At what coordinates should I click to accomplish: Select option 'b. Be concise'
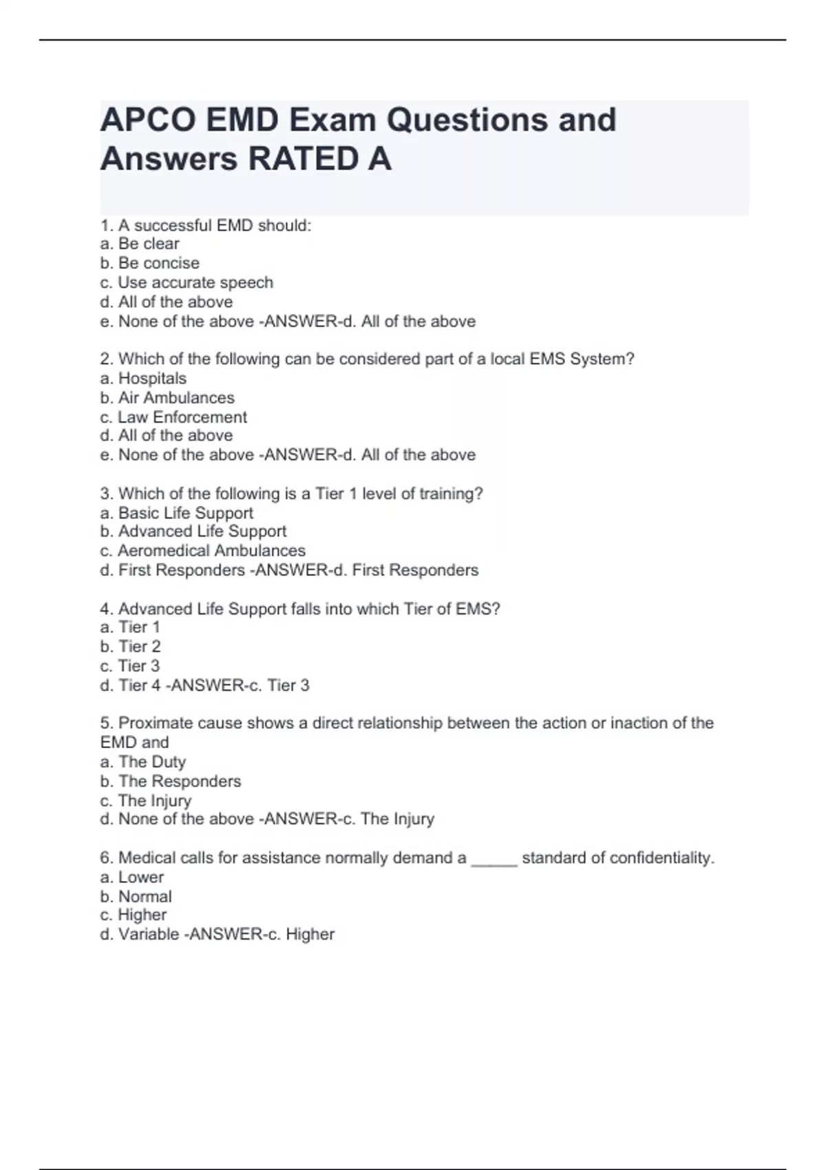(149, 263)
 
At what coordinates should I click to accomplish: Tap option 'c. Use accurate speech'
(187, 282)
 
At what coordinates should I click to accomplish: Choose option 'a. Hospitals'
(143, 378)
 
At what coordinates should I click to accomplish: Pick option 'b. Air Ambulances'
(167, 398)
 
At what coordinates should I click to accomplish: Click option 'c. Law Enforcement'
(173, 417)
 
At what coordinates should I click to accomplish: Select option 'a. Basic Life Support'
(177, 513)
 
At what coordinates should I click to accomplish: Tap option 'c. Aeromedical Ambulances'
(203, 551)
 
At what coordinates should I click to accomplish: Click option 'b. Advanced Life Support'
(193, 531)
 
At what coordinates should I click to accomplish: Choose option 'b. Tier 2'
(130, 646)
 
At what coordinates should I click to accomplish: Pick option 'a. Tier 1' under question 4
(130, 627)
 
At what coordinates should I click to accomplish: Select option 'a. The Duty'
(143, 762)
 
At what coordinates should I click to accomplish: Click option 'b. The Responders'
(171, 781)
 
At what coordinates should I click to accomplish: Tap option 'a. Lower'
(132, 877)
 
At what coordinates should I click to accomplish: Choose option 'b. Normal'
(136, 896)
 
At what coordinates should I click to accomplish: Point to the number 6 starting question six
(105, 858)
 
